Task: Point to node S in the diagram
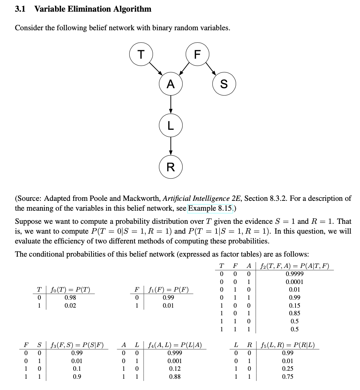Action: tap(224, 84)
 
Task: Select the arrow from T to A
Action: tap(156, 69)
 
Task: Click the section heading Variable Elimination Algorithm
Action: tap(93, 9)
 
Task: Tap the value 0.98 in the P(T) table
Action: tap(70, 298)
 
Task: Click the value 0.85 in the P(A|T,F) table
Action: tap(294, 313)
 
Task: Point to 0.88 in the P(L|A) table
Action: tap(175, 377)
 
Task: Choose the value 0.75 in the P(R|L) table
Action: tap(288, 377)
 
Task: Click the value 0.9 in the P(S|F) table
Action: tap(77, 377)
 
